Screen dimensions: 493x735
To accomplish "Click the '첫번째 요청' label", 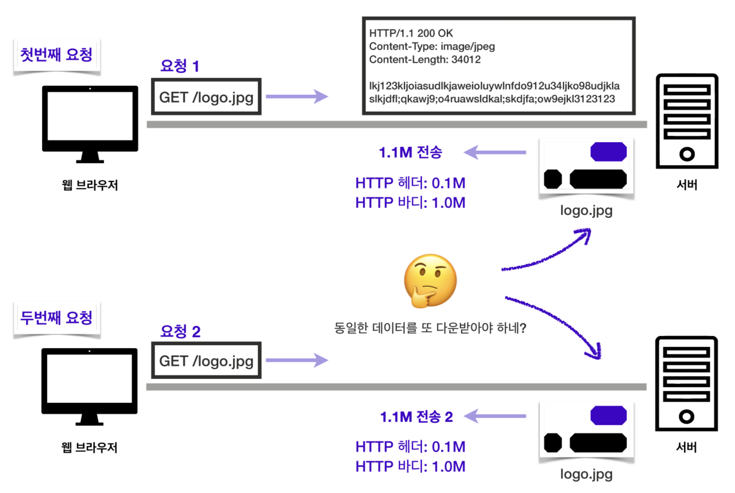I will click(x=56, y=55).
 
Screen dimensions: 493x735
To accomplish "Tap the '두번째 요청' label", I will click(x=56, y=317).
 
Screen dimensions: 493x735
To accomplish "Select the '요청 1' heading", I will click(x=180, y=66).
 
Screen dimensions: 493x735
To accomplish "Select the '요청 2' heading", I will click(x=180, y=331).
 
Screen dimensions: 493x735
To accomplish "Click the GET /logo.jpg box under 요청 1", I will click(x=206, y=97).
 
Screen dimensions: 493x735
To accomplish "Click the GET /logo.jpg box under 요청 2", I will click(x=206, y=361).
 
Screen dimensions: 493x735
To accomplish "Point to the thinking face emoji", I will click(x=430, y=281).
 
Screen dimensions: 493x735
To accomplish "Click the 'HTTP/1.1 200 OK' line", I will click(x=411, y=33).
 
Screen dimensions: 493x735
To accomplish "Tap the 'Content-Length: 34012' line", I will click(x=425, y=59).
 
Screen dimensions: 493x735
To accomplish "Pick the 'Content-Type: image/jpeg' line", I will click(x=432, y=46).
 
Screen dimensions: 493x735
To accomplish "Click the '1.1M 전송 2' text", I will click(x=417, y=417).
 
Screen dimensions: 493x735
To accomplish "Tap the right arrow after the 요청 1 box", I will click(x=296, y=97).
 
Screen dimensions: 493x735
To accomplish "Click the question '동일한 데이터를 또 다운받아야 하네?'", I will click(x=430, y=328).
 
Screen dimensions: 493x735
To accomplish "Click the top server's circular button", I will click(x=687, y=154).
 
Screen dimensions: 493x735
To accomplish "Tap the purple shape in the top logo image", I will click(x=608, y=152).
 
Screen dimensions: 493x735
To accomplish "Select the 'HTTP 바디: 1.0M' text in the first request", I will click(x=410, y=203).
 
